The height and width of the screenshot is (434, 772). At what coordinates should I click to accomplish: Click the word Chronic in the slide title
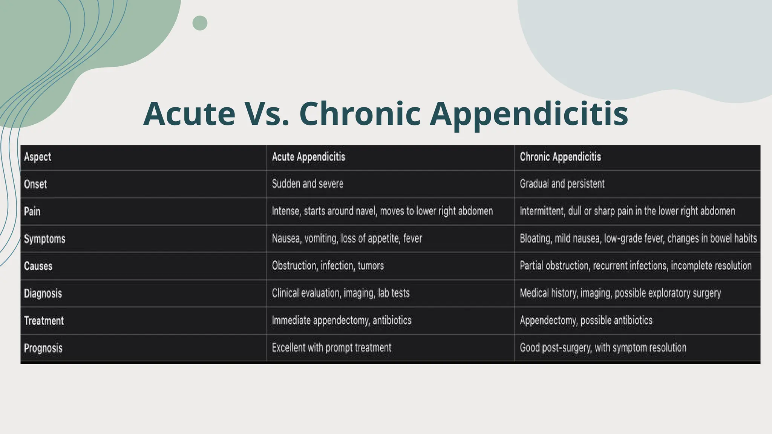(360, 113)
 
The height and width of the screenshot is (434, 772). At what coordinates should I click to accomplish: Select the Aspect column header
(38, 157)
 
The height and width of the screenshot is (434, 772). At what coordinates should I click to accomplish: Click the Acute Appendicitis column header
(308, 157)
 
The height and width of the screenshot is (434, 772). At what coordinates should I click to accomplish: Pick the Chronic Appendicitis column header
(560, 157)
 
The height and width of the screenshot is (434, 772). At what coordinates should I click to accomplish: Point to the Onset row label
(35, 184)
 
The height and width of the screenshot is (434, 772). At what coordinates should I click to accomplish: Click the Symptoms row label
(44, 239)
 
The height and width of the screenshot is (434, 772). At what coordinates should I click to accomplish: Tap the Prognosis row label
(43, 348)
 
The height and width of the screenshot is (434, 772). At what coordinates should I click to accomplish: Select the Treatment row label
(44, 321)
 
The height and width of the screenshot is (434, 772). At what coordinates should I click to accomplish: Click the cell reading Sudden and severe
(308, 184)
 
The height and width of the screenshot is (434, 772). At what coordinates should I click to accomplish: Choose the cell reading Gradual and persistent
(562, 184)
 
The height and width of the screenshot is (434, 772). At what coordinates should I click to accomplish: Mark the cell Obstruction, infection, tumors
(328, 266)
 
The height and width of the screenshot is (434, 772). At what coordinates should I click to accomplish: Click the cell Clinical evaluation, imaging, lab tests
(340, 293)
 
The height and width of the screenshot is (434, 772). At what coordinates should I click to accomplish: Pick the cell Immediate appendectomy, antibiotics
(342, 321)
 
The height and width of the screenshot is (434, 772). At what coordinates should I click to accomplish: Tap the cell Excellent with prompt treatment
(331, 348)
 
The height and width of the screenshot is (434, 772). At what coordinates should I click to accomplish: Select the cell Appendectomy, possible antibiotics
(586, 321)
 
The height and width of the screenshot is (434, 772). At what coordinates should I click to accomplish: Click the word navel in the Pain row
(366, 211)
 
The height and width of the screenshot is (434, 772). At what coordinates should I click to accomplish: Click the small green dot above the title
(200, 23)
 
